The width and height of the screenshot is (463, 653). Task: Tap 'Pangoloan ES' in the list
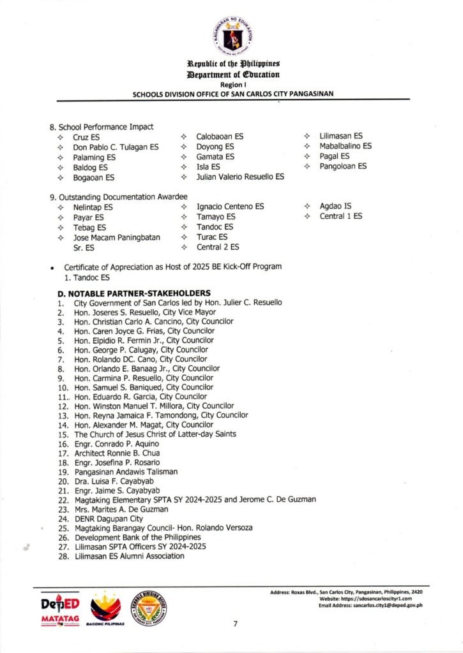tap(343, 166)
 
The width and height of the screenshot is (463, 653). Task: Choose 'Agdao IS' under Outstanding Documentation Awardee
tap(336, 207)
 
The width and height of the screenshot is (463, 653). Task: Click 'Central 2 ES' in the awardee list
tap(218, 247)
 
